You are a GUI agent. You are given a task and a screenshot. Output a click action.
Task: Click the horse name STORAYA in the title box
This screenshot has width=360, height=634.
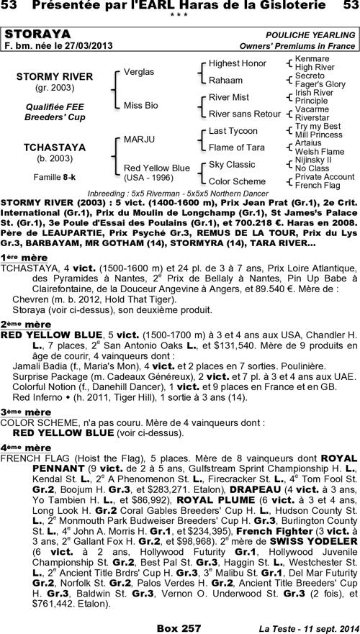pyautogui.click(x=37, y=34)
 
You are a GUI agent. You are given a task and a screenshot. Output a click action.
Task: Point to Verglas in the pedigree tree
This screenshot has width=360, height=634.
pyautogui.click(x=139, y=72)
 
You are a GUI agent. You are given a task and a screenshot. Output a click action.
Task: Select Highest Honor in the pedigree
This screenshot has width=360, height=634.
pyautogui.click(x=237, y=63)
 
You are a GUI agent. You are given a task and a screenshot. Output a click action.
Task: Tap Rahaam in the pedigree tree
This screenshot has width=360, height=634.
pyautogui.click(x=225, y=80)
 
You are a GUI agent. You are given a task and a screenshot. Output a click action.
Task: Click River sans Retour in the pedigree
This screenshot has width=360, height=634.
pyautogui.click(x=244, y=114)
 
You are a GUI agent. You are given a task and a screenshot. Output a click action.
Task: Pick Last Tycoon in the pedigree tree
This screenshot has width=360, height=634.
pyautogui.click(x=233, y=131)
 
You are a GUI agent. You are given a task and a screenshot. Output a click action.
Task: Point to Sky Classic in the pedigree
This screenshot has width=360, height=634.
pyautogui.click(x=232, y=164)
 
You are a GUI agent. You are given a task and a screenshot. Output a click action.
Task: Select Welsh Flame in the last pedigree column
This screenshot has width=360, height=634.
pyautogui.click(x=320, y=151)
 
